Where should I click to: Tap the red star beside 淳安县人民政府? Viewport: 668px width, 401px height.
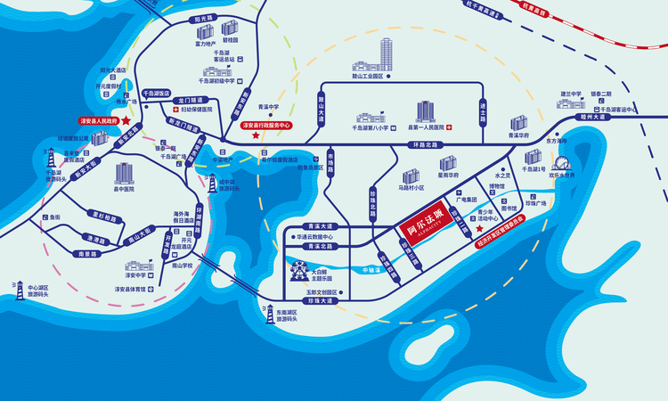[126, 119]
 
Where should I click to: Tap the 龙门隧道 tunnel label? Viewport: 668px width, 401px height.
[191, 101]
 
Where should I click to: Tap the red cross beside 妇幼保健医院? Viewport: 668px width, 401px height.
[172, 109]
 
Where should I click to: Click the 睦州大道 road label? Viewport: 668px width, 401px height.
[592, 116]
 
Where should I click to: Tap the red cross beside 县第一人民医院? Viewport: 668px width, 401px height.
[449, 127]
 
